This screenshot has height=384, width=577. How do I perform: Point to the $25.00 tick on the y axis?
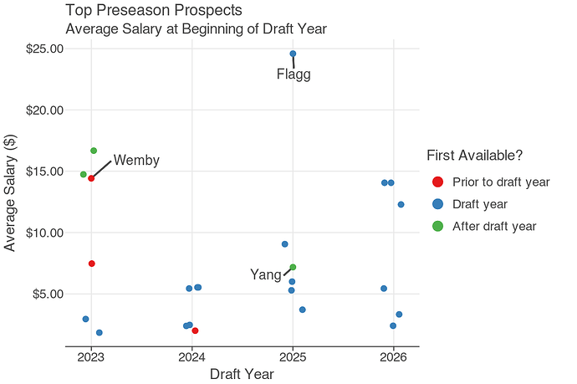(x=44, y=49)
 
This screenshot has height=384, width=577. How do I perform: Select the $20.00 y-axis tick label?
(x=44, y=110)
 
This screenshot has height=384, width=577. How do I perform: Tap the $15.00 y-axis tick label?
(x=44, y=172)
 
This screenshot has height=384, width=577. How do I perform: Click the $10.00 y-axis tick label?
(x=44, y=233)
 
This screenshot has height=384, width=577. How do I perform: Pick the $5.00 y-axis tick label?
(x=48, y=294)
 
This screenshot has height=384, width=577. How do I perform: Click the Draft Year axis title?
(x=242, y=374)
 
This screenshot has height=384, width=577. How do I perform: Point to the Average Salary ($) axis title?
(x=11, y=196)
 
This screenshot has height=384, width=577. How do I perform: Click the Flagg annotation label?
(x=294, y=75)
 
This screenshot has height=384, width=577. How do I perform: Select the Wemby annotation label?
(x=136, y=161)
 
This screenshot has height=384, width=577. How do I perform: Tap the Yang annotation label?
(x=266, y=274)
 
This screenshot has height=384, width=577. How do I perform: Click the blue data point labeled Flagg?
(x=293, y=54)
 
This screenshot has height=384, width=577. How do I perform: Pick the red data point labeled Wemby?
(x=91, y=178)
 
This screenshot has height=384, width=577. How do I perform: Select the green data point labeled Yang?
(x=293, y=267)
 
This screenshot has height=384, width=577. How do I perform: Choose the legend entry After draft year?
(x=493, y=226)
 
